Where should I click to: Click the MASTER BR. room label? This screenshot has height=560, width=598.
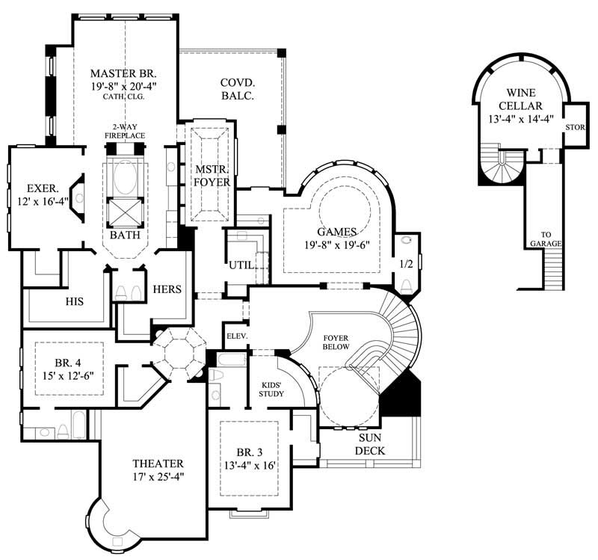coord(124,73)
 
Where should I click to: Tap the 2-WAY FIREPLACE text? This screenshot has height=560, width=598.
coord(125,131)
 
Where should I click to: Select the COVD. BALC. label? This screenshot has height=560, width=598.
coord(238,89)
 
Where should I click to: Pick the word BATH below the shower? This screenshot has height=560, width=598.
coord(124,235)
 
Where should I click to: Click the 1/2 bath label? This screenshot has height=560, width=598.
coord(406,264)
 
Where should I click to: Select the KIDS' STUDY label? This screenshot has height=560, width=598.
coord(271,387)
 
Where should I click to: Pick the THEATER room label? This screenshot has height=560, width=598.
coord(158,463)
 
